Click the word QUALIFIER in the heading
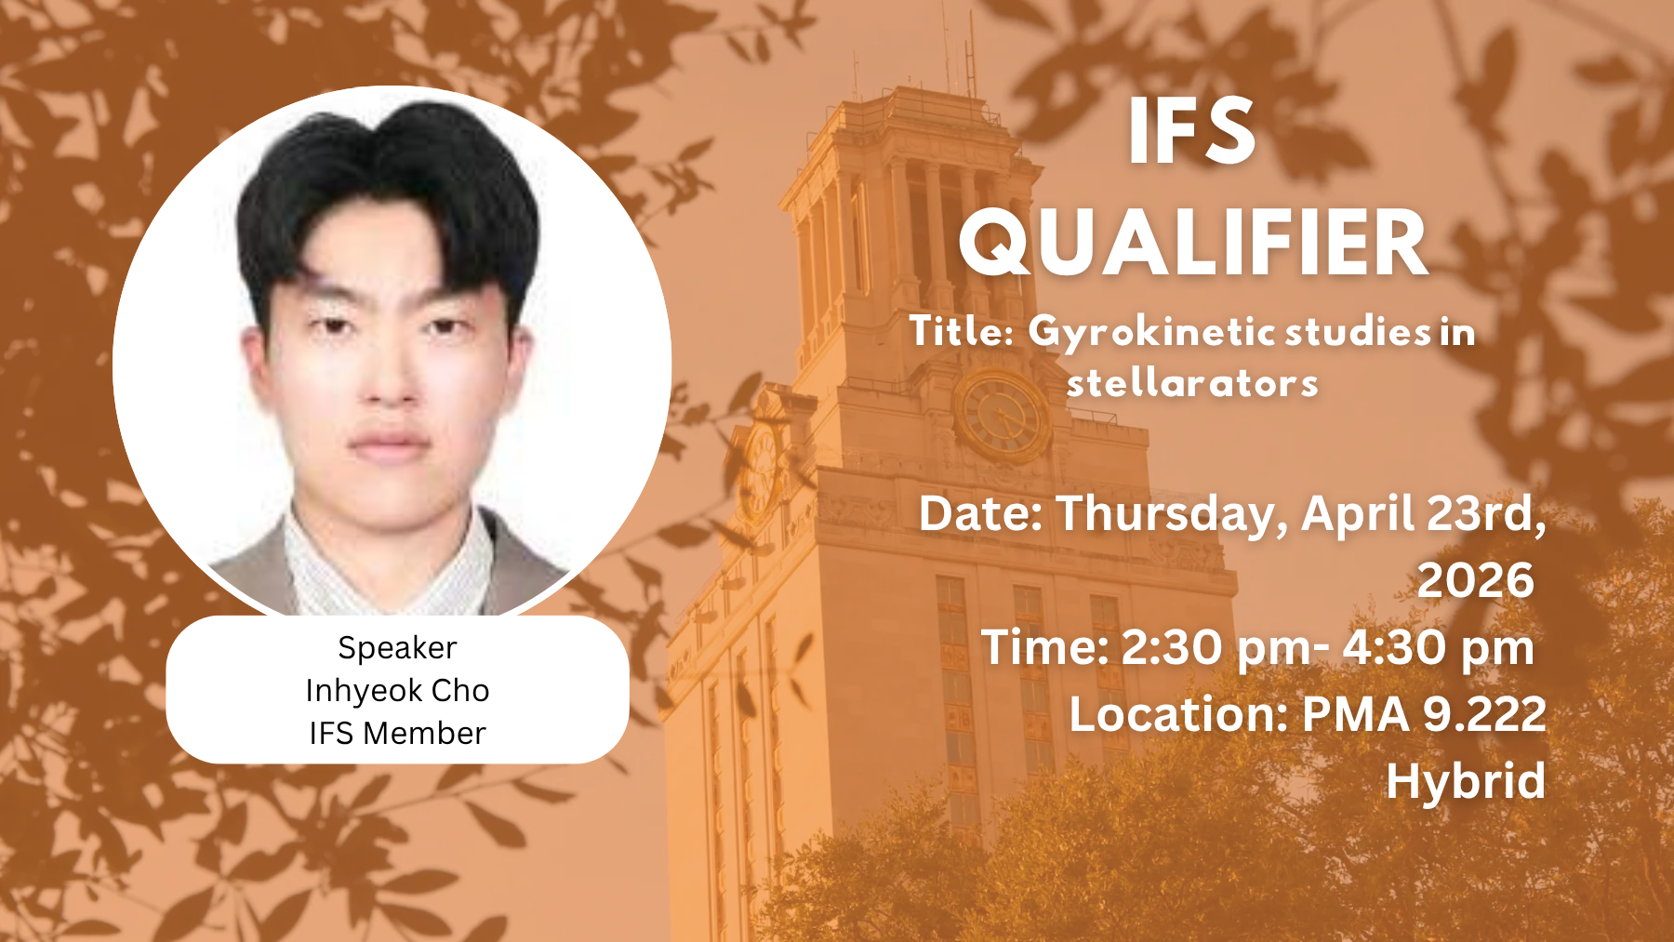pyautogui.click(x=1194, y=244)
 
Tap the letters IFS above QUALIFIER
pyautogui.click(x=1192, y=132)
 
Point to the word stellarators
pyautogui.click(x=1192, y=383)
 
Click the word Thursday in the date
pyautogui.click(x=1172, y=515)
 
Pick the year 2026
pyautogui.click(x=1476, y=580)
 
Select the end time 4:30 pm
pyautogui.click(x=1439, y=647)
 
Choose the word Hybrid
pyautogui.click(x=1466, y=781)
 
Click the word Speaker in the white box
pyautogui.click(x=397, y=648)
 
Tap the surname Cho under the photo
pyautogui.click(x=460, y=690)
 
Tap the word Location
pyautogui.click(x=1178, y=714)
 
